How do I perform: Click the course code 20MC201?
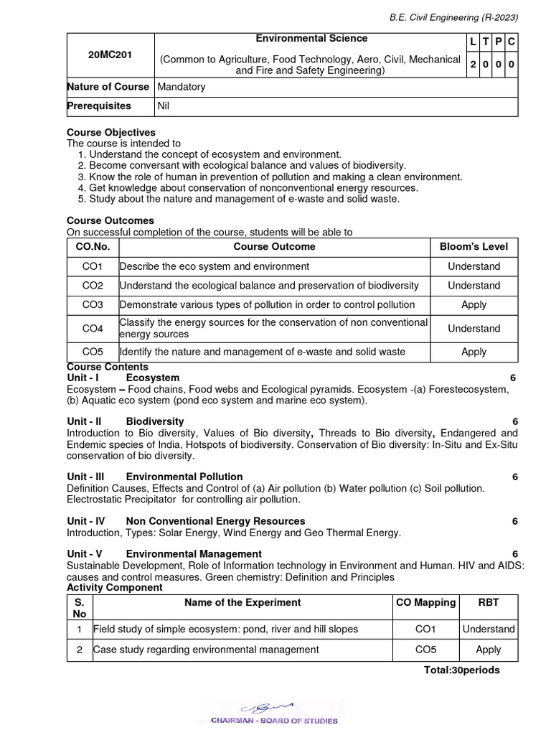pyautogui.click(x=110, y=54)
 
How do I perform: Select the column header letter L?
pyautogui.click(x=474, y=43)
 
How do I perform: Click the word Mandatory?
pyautogui.click(x=181, y=87)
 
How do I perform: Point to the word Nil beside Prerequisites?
pyautogui.click(x=164, y=106)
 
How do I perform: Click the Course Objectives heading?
pyautogui.click(x=111, y=133)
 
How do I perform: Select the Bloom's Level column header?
pyautogui.click(x=474, y=247)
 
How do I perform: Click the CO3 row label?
pyautogui.click(x=93, y=305)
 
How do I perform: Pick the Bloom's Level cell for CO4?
pyautogui.click(x=474, y=329)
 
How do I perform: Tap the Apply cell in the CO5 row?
pyautogui.click(x=474, y=352)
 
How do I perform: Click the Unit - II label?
pyautogui.click(x=84, y=422)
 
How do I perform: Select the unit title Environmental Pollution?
pyautogui.click(x=184, y=477)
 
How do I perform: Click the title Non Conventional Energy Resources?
pyautogui.click(x=215, y=521)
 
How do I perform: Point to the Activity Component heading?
pyautogui.click(x=115, y=588)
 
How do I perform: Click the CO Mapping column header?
pyautogui.click(x=425, y=603)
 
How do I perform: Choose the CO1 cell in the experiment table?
pyautogui.click(x=425, y=629)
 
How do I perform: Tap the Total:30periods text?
pyautogui.click(x=462, y=670)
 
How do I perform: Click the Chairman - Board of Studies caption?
pyautogui.click(x=274, y=720)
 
